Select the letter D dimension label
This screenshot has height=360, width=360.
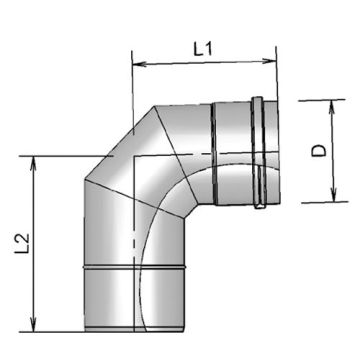click(318, 150)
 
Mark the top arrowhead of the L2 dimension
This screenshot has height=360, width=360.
click(37, 160)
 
